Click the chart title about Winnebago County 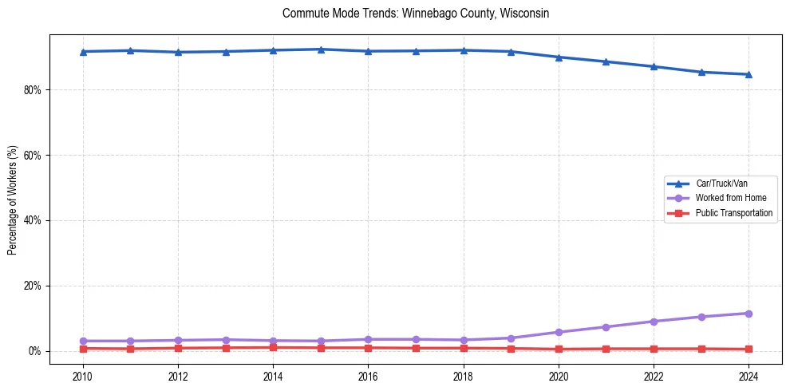tap(416, 14)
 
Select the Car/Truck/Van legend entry tap(721, 184)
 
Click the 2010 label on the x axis tap(83, 376)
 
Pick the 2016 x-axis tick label tap(368, 376)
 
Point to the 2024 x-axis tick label tap(749, 376)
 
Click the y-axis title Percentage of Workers tap(13, 199)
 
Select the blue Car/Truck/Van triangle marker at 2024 tap(749, 74)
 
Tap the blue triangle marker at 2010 tap(83, 52)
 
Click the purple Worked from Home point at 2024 tap(749, 314)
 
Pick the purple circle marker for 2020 tap(559, 332)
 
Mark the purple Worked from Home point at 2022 tap(654, 322)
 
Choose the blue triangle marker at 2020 tap(559, 57)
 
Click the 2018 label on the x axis tap(464, 376)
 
